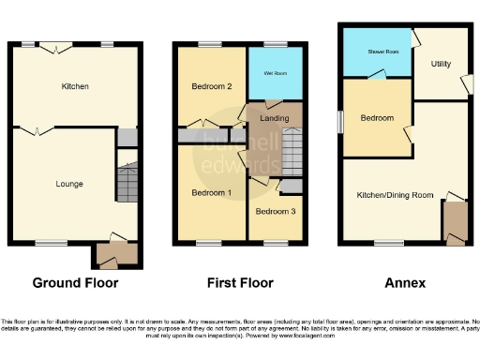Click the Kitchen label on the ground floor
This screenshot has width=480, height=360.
[75, 86]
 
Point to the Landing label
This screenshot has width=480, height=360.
[274, 117]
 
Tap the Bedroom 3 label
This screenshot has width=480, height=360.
[276, 212]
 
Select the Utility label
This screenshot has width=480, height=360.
[442, 64]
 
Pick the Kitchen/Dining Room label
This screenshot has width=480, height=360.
[394, 195]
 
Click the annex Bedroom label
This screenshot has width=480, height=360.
[377, 119]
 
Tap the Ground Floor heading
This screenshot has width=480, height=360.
[75, 282]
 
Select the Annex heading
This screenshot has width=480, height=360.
[404, 282]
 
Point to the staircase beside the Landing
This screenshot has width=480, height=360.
[291, 149]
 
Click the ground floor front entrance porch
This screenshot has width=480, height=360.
[117, 253]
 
